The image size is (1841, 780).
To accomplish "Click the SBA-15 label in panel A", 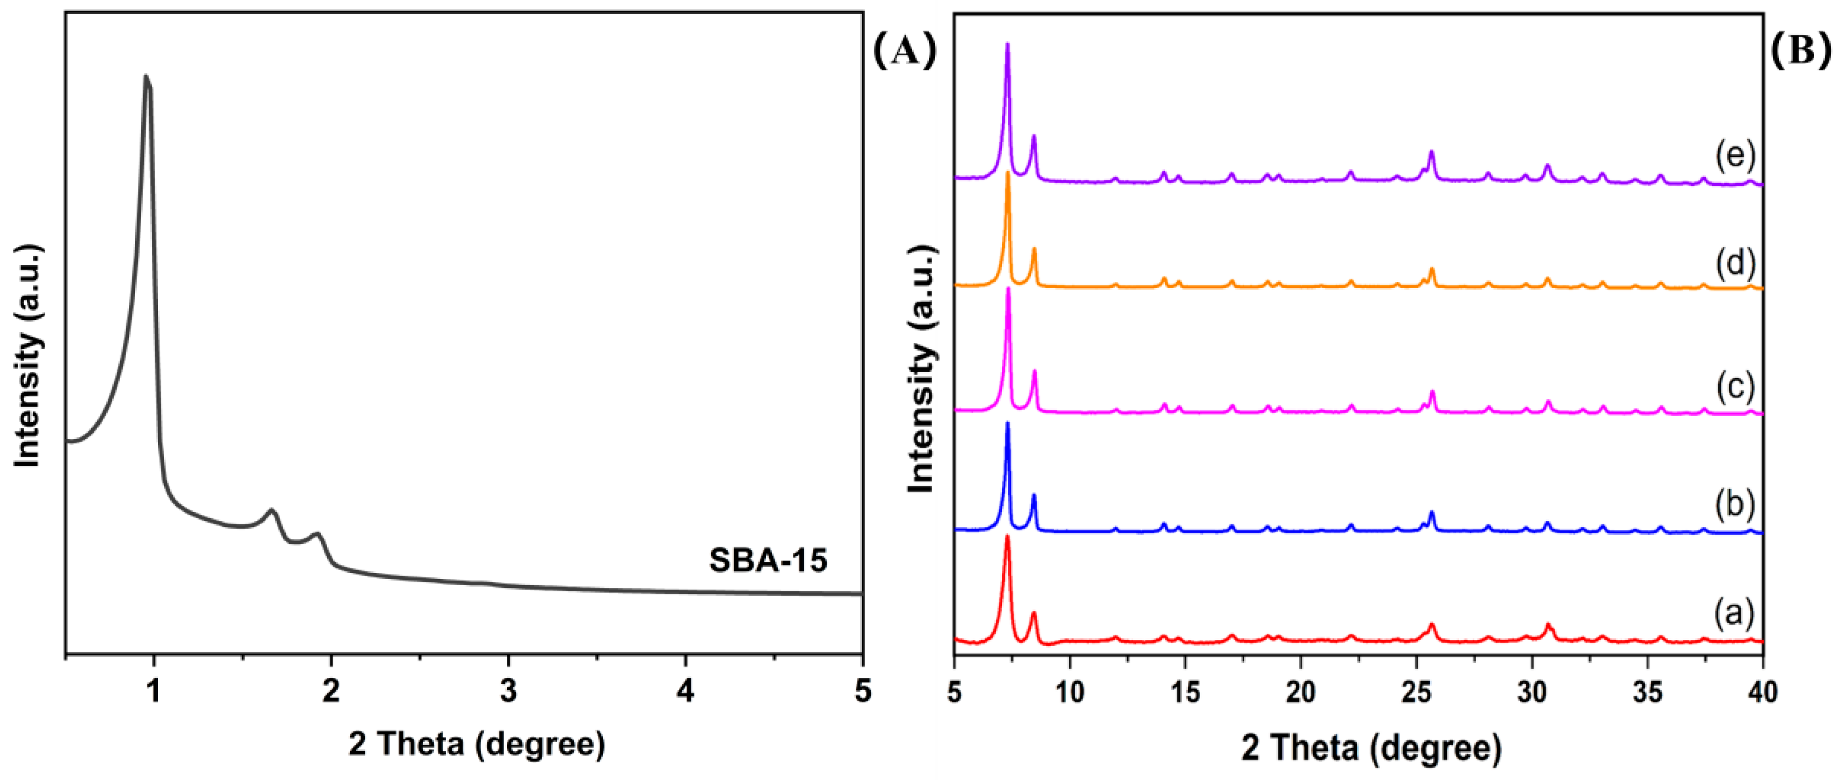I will click(x=768, y=561).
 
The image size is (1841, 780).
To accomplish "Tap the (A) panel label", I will click(x=904, y=51).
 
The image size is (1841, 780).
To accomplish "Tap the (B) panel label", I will click(x=1802, y=51).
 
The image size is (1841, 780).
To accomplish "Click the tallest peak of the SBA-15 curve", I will click(x=146, y=76).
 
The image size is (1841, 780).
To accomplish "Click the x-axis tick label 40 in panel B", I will click(x=1762, y=692).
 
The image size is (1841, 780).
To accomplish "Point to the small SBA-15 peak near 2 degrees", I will click(x=317, y=534).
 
